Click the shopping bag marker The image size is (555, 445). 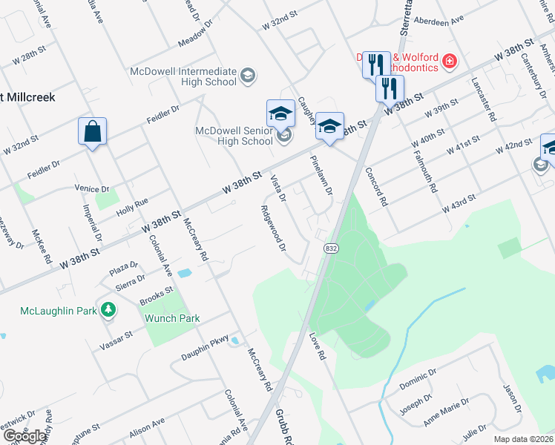click(92, 132)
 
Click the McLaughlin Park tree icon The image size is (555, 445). click(109, 309)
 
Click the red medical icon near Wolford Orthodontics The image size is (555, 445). click(449, 61)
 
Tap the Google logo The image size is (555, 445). click(24, 436)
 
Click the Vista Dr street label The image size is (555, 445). click(279, 186)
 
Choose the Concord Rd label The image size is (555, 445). click(376, 185)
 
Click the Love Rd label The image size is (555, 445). click(317, 346)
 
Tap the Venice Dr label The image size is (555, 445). click(92, 189)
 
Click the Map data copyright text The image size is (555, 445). click(522, 439)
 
